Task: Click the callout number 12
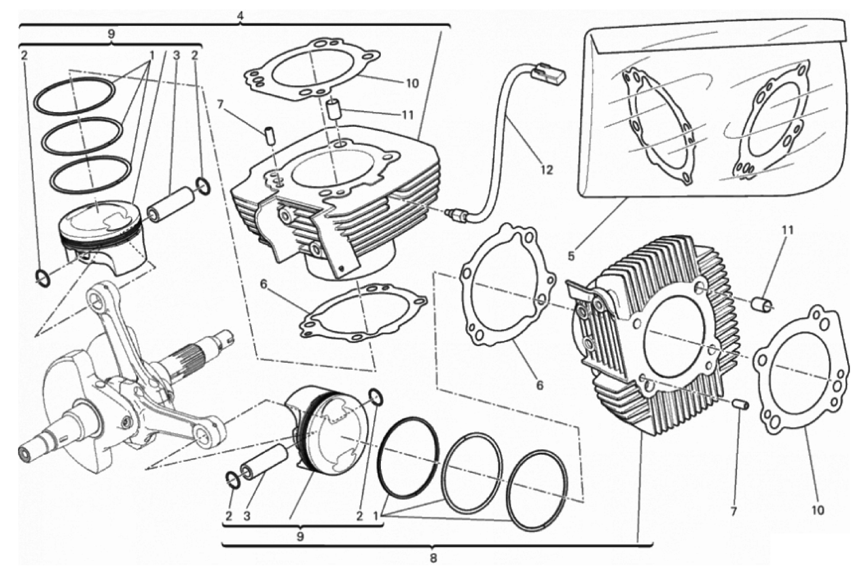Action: [546, 170]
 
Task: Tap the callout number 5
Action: [571, 256]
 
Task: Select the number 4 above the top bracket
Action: [240, 16]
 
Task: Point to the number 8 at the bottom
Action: [433, 558]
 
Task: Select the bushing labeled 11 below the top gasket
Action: [333, 110]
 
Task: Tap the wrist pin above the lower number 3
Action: [265, 462]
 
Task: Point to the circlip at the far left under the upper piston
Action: [43, 279]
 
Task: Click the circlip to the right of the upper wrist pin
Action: [204, 184]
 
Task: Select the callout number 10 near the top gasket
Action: [412, 84]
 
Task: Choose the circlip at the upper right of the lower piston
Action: [376, 397]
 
